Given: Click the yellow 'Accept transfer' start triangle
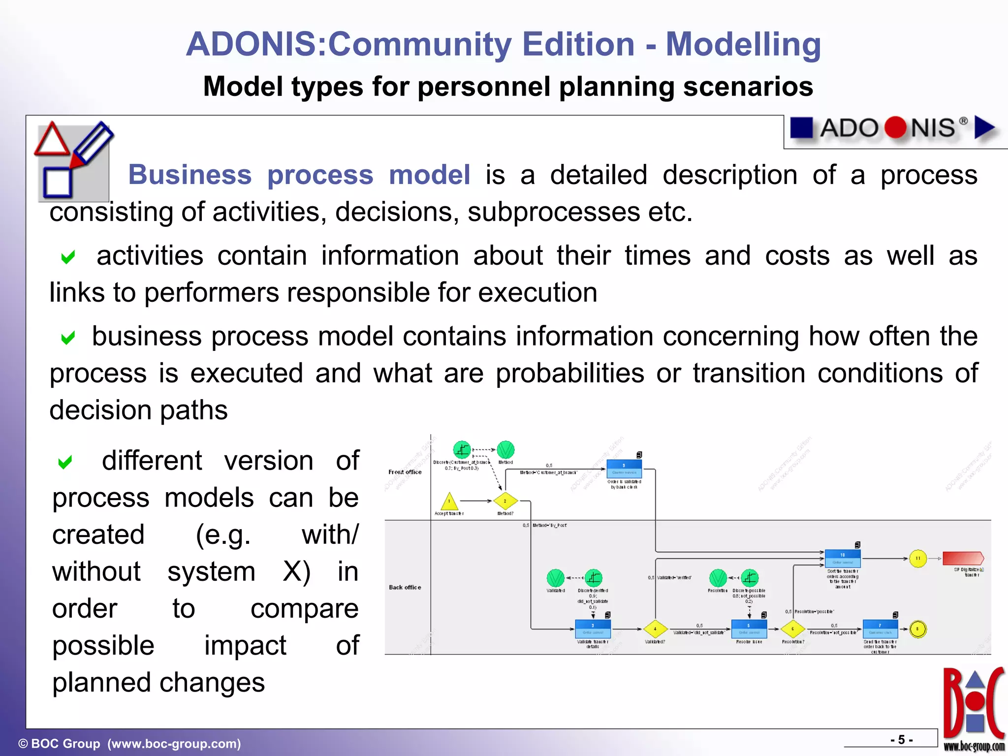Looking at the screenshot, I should click(449, 502).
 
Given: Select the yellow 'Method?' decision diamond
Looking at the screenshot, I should click(505, 501).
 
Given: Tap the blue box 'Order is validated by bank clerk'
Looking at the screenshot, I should click(624, 469).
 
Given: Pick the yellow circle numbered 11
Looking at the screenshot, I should click(918, 559).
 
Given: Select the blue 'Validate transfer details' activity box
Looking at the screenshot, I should click(593, 629).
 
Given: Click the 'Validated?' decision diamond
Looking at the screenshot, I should click(655, 629).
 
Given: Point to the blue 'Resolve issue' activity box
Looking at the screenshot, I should click(749, 629).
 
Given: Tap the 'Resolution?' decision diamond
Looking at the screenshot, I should click(793, 629).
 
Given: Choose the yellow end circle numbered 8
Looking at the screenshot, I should click(918, 629).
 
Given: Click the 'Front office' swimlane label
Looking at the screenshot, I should click(405, 472).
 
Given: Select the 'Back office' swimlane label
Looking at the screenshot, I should click(405, 587).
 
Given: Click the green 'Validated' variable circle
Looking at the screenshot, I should click(555, 578).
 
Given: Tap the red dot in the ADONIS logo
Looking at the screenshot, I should click(895, 128).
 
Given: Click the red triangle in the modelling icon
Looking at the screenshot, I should click(52, 140).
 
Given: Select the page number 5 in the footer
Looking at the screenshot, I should click(901, 740).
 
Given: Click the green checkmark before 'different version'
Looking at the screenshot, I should click(65, 462).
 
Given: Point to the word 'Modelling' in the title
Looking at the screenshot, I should click(743, 44).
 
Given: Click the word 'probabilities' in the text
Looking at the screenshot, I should click(569, 373).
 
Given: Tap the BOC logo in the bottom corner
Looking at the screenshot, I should click(974, 709).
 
